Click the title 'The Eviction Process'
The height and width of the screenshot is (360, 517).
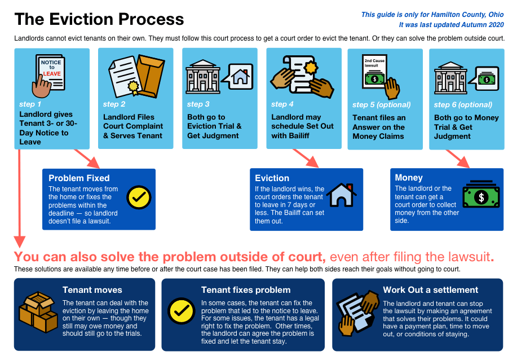click(x=99, y=19)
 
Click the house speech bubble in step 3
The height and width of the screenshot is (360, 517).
click(x=238, y=77)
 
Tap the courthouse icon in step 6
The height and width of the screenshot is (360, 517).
click(x=450, y=78)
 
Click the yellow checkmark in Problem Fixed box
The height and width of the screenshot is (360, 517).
click(x=139, y=197)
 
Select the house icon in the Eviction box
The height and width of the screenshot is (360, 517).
click(x=341, y=195)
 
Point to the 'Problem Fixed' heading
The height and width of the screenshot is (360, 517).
click(x=79, y=178)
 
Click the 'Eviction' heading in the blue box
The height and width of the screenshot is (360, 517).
click(x=272, y=178)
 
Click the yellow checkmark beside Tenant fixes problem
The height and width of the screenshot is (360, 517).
click(x=182, y=311)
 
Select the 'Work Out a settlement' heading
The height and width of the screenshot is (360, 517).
click(x=431, y=289)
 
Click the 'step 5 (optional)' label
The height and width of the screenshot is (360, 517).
click(x=382, y=105)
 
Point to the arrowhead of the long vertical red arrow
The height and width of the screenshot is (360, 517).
click(x=20, y=242)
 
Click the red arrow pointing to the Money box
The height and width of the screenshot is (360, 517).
click(x=458, y=159)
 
